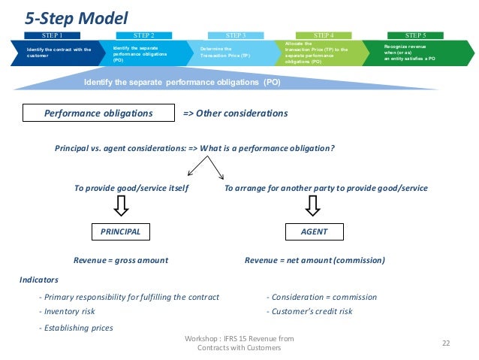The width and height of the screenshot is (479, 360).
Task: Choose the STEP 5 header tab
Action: tap(415, 35)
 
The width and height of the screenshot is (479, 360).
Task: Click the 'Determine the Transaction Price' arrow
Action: tap(230, 53)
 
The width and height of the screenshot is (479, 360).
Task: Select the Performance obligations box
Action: tap(98, 113)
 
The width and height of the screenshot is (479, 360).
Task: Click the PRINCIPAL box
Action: tap(120, 231)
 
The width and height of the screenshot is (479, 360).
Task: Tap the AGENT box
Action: tap(314, 231)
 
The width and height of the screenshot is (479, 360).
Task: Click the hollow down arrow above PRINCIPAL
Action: tap(121, 205)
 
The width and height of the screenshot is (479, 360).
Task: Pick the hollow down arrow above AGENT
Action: tap(314, 205)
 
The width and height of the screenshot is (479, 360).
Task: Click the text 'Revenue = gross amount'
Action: tap(120, 260)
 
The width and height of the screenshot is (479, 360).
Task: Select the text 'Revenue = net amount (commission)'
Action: tap(315, 260)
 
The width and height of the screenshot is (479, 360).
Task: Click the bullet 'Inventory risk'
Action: tap(69, 311)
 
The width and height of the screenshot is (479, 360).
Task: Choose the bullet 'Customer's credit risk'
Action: tap(311, 311)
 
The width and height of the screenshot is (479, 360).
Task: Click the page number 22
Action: tap(445, 343)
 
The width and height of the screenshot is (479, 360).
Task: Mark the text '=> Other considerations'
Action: tap(235, 113)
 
